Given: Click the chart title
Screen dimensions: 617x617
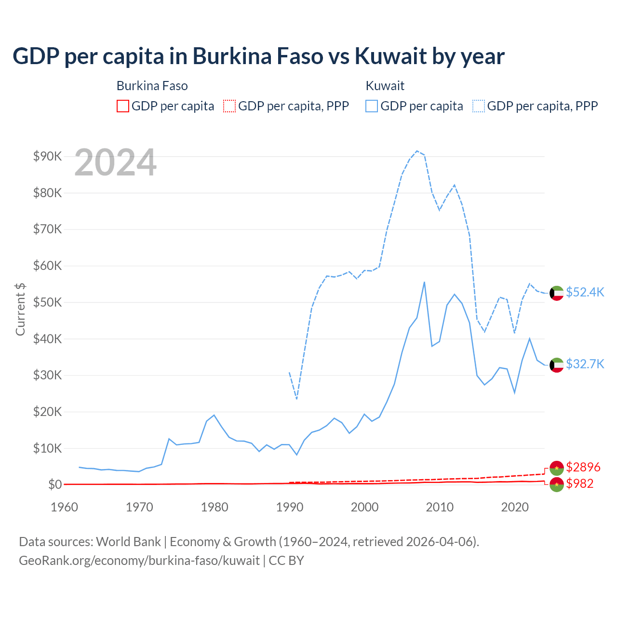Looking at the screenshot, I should (x=258, y=56).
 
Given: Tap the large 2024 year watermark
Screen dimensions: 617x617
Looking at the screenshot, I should (x=116, y=162).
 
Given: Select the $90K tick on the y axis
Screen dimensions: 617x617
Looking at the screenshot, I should (x=47, y=156).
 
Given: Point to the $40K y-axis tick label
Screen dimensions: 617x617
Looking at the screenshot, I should (x=47, y=339).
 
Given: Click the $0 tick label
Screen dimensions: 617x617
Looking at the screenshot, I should (x=55, y=484).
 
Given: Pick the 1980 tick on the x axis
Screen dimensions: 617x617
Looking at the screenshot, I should (x=215, y=507).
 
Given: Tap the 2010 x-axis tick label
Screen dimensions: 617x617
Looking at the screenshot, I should (x=440, y=507).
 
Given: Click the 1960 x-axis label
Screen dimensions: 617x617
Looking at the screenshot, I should (x=65, y=507).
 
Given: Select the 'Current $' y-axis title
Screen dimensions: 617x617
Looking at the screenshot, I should (x=20, y=309).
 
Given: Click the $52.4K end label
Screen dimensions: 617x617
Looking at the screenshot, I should (x=585, y=293).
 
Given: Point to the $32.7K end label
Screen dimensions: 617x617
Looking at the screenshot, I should (x=585, y=364).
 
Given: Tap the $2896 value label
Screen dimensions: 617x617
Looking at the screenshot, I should (x=583, y=467).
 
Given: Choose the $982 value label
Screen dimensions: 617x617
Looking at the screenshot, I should (x=580, y=483).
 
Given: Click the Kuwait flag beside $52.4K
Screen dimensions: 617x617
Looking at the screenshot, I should (x=557, y=293).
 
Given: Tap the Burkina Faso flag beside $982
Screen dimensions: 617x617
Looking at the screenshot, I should (x=557, y=485).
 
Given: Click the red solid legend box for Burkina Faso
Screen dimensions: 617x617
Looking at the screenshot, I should (x=123, y=106).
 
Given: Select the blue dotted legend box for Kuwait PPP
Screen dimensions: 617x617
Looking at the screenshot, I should (x=479, y=106).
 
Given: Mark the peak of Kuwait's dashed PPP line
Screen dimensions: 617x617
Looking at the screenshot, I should (x=417, y=151).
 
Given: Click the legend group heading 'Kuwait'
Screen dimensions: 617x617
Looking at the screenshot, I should (x=385, y=86).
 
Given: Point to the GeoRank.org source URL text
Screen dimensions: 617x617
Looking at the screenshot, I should (x=139, y=561).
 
